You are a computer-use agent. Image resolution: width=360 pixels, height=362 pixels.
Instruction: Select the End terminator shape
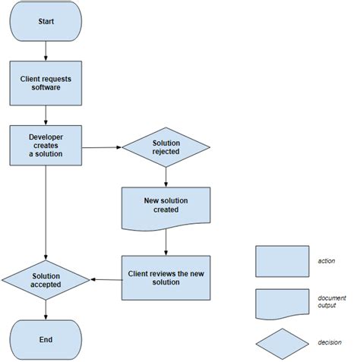pos(46,339)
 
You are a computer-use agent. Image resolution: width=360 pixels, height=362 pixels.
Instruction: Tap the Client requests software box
pos(46,83)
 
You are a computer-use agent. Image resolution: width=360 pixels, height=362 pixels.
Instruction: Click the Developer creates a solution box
pos(46,145)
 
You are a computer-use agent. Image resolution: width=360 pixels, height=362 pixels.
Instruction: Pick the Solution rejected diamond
pos(166,147)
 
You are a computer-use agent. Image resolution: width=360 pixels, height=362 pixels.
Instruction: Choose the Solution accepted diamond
pos(46,280)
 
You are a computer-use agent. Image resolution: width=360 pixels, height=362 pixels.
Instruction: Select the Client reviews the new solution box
pos(166,278)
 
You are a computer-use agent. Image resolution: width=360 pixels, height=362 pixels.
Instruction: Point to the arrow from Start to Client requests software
pos(46,50)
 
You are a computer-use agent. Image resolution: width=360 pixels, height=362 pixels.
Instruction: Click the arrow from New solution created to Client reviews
pos(166,243)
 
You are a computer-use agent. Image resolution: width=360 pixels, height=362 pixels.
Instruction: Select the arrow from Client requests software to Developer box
pos(46,115)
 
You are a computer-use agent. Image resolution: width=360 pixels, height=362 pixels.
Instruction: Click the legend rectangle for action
pos(282,261)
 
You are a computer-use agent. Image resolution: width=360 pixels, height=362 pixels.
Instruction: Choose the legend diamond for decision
pos(282,343)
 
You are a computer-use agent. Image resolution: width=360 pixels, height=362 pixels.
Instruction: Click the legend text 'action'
pos(327,261)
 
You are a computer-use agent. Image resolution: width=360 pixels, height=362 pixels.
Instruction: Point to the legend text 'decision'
pos(330,343)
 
